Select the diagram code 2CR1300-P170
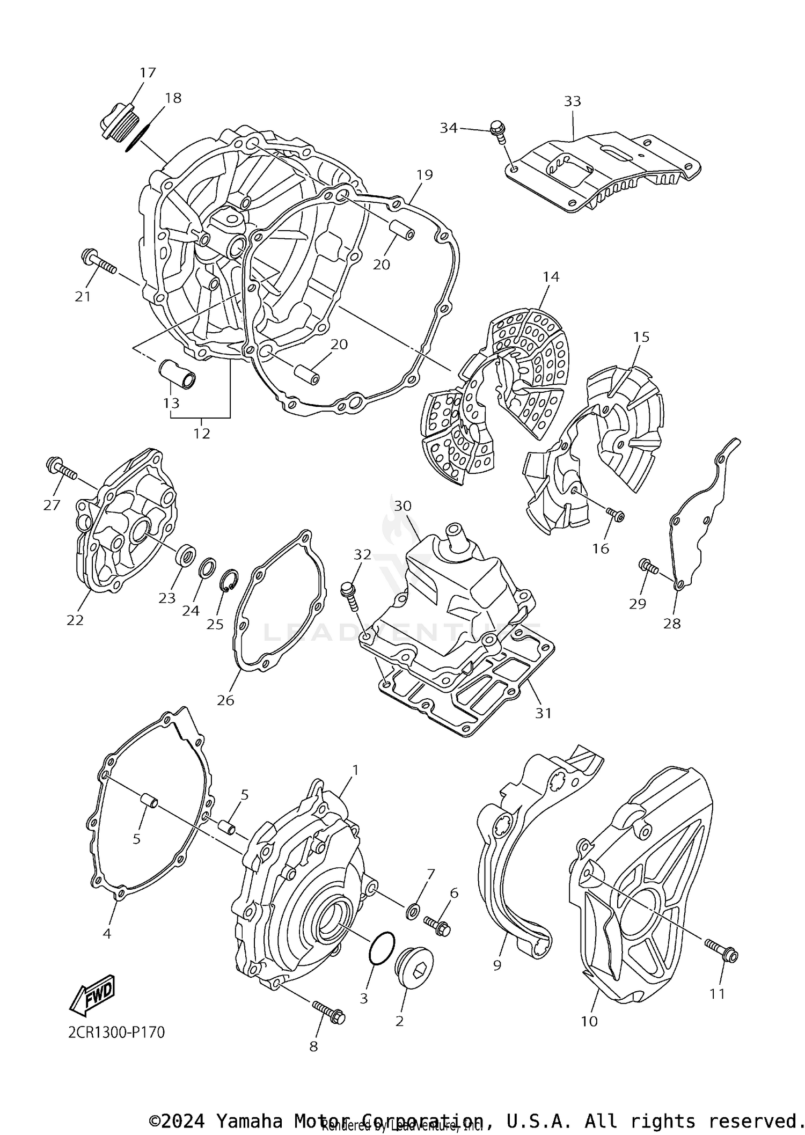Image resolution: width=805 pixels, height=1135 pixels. pyautogui.click(x=116, y=1032)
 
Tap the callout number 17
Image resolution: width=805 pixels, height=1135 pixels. pyautogui.click(x=148, y=72)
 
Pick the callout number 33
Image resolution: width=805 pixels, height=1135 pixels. pyautogui.click(x=573, y=101)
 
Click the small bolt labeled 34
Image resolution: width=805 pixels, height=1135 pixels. pyautogui.click(x=498, y=131)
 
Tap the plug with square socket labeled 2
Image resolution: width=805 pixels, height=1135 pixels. pyautogui.click(x=414, y=969)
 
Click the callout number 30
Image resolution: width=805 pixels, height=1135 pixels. pyautogui.click(x=402, y=506)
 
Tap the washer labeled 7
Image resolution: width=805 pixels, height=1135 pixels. pyautogui.click(x=413, y=911)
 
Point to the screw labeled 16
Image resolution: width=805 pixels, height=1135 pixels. pyautogui.click(x=615, y=515)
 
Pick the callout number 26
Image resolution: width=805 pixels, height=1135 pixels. pyautogui.click(x=225, y=700)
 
